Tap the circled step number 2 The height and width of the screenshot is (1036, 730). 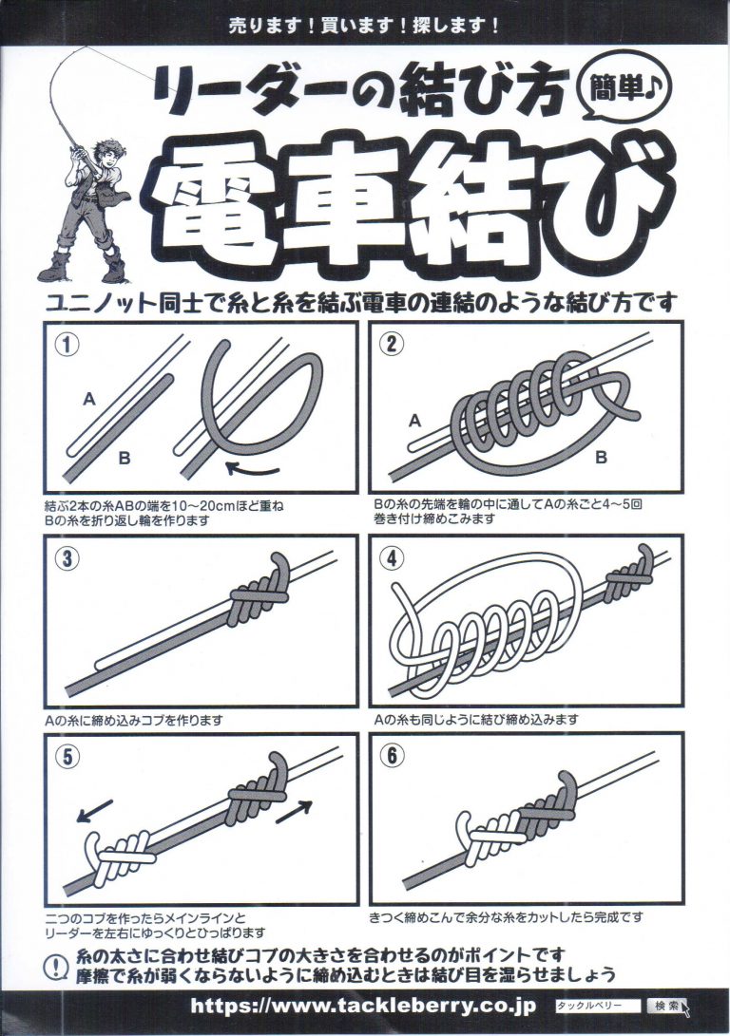coord(390,346)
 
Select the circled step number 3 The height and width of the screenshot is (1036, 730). coord(65,559)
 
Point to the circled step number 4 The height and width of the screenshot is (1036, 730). coord(390,559)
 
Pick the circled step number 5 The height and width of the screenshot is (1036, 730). coord(65,757)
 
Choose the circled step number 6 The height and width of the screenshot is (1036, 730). coord(390,757)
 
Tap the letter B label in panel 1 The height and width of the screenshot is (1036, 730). coord(125,459)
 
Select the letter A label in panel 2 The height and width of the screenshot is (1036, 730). coord(413,419)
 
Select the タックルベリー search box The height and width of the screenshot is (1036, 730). coord(598,1005)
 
